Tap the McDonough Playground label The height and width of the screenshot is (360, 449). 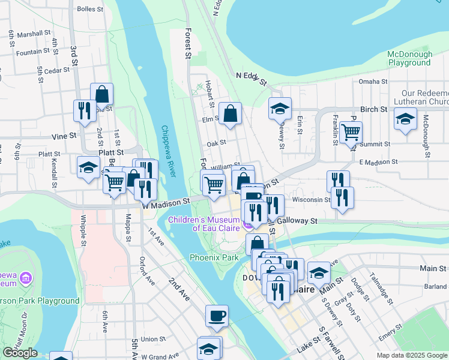(410, 58)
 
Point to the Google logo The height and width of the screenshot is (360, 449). (20, 353)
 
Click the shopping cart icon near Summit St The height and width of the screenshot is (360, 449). (351, 132)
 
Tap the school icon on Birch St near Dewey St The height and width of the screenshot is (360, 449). (280, 109)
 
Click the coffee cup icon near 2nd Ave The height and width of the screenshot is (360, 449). (217, 316)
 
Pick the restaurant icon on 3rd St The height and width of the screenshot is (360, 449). (84, 111)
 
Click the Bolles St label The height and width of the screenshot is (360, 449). (91, 10)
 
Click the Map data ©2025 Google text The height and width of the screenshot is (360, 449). (411, 355)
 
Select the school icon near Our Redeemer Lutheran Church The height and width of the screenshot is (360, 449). (405, 118)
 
